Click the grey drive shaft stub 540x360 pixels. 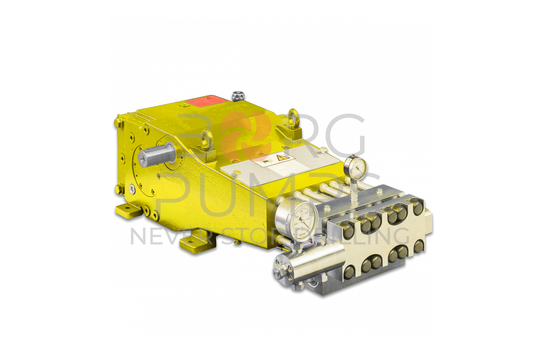155,154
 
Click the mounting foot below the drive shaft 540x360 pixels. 127,210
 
